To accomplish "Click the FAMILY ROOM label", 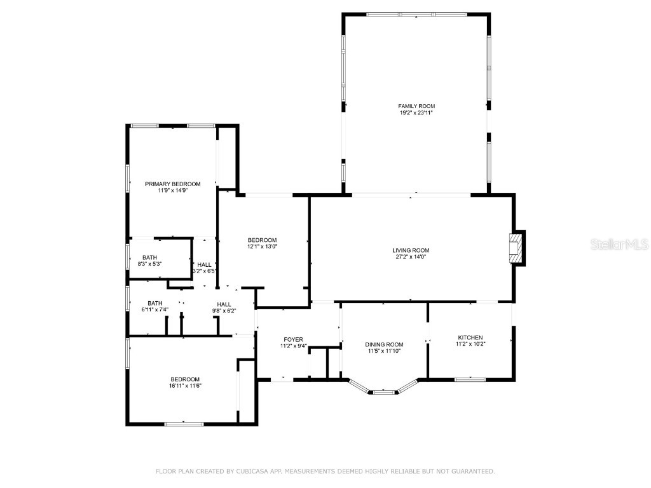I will pyautogui.click(x=416, y=106).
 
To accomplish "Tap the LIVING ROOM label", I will pyautogui.click(x=411, y=250).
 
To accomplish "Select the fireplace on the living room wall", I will pyautogui.click(x=517, y=248).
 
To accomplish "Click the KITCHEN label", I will pyautogui.click(x=470, y=337).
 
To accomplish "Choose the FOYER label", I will pyautogui.click(x=293, y=339).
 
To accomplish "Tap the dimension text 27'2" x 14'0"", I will pyautogui.click(x=411, y=257).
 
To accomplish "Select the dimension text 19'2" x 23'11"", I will pyautogui.click(x=416, y=113).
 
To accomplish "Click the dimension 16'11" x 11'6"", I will pyautogui.click(x=185, y=385).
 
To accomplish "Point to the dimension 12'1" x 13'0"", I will pyautogui.click(x=262, y=247).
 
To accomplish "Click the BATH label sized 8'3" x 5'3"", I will pyautogui.click(x=150, y=257).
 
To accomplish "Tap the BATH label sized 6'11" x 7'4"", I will pyautogui.click(x=155, y=303).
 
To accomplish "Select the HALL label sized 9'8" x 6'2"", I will pyautogui.click(x=224, y=304).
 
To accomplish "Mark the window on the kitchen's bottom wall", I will pyautogui.click(x=470, y=380).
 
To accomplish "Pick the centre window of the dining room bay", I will pyautogui.click(x=383, y=392).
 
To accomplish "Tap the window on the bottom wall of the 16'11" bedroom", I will pyautogui.click(x=184, y=424).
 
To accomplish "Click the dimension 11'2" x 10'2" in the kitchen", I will pyautogui.click(x=470, y=344).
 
